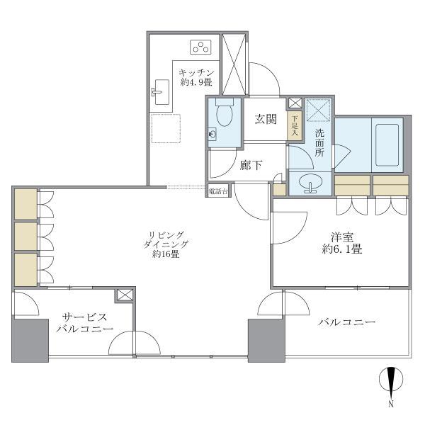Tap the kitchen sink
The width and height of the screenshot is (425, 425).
click(161, 91)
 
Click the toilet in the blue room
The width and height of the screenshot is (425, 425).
click(225, 113)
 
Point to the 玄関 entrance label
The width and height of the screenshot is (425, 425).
click(266, 119)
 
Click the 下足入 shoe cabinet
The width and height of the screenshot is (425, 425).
click(294, 125)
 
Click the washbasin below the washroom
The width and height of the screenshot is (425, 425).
click(309, 183)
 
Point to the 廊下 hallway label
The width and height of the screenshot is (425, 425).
click(251, 166)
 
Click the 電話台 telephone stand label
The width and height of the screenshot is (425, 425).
click(217, 192)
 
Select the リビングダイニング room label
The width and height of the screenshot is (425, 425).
click(166, 244)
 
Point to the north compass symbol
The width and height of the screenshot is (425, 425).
click(390, 382)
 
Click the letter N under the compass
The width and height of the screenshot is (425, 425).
click(390, 405)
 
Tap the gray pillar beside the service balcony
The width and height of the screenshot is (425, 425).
click(29, 340)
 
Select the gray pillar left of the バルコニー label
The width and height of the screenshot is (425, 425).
click(266, 340)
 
